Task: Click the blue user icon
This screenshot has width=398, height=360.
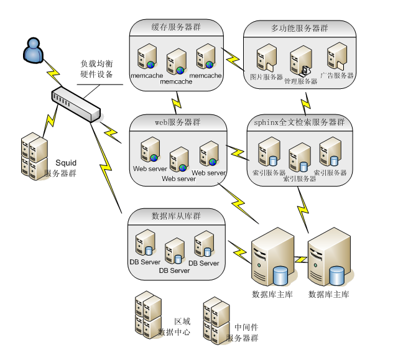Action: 32,50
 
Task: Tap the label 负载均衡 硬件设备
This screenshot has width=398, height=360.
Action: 96,68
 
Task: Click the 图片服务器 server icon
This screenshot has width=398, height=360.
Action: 266,58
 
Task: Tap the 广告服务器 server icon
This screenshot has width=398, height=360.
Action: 336,57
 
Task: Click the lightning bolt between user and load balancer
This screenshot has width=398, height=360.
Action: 52,74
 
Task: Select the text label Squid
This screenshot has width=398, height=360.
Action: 66,163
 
